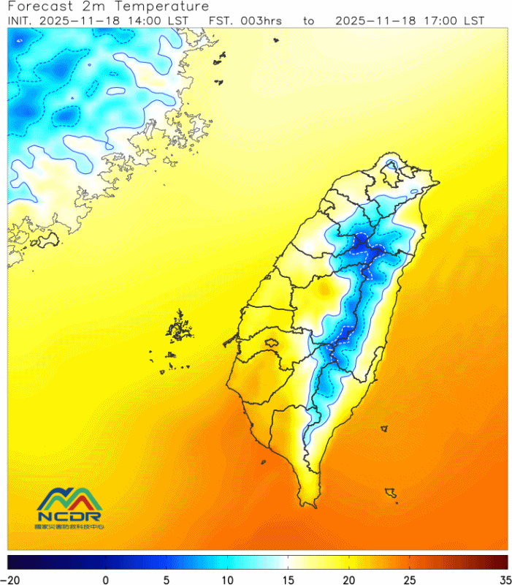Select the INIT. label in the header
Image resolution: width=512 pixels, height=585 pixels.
click(21, 20)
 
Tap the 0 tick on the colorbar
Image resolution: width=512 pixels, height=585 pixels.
click(106, 579)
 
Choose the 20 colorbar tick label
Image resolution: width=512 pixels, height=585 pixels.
click(350, 579)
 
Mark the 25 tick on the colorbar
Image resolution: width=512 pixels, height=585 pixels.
click(410, 579)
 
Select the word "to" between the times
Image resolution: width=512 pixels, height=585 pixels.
click(309, 20)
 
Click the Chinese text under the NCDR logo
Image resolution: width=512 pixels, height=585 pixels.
click(70, 526)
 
